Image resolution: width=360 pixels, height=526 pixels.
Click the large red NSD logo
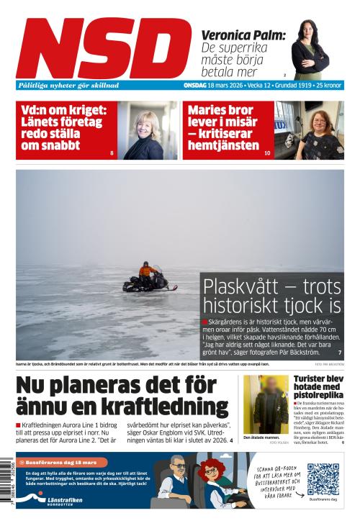pyautogui.click(x=104, y=48)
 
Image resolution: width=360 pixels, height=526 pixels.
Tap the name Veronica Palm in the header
pyautogui.click(x=243, y=35)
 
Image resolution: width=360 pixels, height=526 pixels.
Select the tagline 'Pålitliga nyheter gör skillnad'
pyautogui.click(x=68, y=85)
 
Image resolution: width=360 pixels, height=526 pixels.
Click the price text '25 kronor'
pyautogui.click(x=327, y=85)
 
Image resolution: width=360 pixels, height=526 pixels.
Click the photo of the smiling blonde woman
pyautogui.click(x=148, y=132)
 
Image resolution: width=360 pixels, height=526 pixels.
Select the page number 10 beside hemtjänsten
pyautogui.click(x=267, y=153)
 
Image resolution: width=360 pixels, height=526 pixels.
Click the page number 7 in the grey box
pyautogui.click(x=339, y=352)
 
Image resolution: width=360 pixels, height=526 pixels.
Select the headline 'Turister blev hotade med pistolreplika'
pyautogui.click(x=319, y=387)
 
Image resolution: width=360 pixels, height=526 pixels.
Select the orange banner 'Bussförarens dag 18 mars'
pyautogui.click(x=61, y=462)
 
